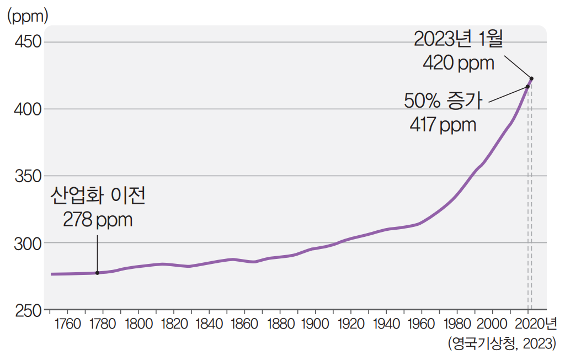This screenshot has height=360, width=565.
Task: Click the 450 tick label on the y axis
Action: [x=27, y=42]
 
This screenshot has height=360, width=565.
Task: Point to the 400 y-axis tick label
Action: [x=27, y=109]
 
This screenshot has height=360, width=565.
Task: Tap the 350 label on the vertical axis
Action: [x=27, y=176]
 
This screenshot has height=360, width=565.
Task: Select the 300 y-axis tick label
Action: [x=27, y=243]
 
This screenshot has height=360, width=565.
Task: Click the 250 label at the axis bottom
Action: [x=27, y=310]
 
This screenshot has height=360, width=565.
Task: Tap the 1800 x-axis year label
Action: [x=138, y=323]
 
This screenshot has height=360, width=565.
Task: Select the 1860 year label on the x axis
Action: [x=245, y=323]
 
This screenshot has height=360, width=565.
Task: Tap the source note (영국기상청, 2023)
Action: [x=502, y=344]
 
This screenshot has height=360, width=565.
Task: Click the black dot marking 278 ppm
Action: [x=98, y=273]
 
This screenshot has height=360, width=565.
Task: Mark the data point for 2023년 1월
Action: [x=531, y=78]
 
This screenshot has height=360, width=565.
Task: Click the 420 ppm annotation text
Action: [x=459, y=62]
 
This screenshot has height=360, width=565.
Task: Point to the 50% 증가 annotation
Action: [x=443, y=101]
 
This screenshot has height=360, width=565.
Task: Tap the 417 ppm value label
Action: [x=443, y=124]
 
